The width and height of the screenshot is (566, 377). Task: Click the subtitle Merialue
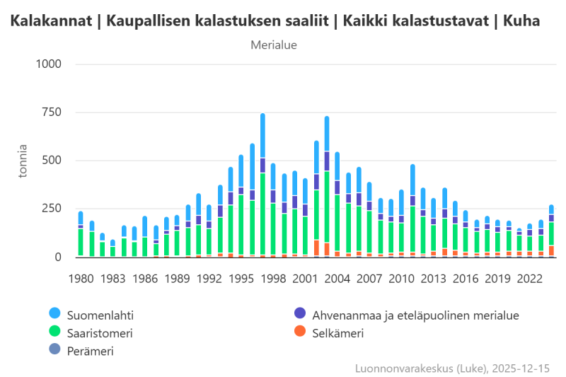(274, 45)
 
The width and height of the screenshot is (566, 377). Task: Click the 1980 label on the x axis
(81, 279)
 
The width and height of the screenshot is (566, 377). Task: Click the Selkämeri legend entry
(338, 332)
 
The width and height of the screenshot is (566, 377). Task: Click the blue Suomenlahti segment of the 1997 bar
(262, 135)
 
